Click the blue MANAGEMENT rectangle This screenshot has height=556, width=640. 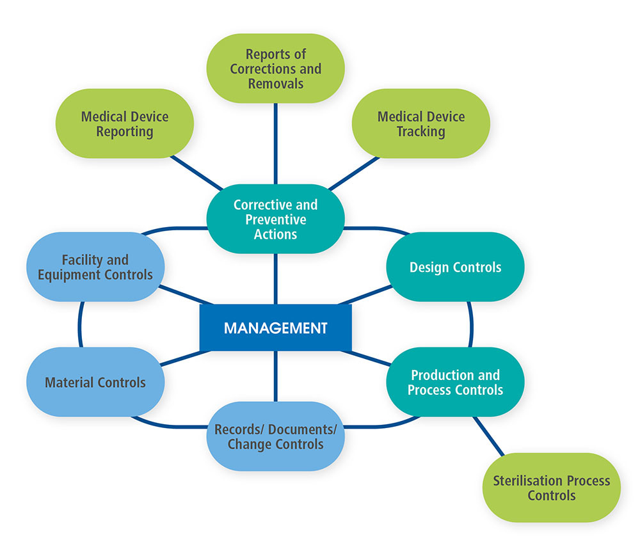point(275,328)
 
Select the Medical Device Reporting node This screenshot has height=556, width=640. point(125,123)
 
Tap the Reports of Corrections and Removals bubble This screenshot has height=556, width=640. point(275,68)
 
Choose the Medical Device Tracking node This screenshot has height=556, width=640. point(420,123)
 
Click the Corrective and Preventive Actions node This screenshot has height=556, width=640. point(275,219)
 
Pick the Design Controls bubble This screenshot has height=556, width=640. point(455,267)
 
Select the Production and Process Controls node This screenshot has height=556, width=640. point(455,382)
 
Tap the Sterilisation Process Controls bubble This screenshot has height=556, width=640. point(551,488)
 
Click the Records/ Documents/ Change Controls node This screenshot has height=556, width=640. point(275,436)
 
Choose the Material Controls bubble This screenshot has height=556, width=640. point(95,383)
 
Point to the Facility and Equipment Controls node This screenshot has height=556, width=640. point(95,267)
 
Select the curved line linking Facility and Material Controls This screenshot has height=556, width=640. point(80,324)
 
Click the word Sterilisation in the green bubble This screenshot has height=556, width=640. point(527,481)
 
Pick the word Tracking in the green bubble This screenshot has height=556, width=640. point(420,132)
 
